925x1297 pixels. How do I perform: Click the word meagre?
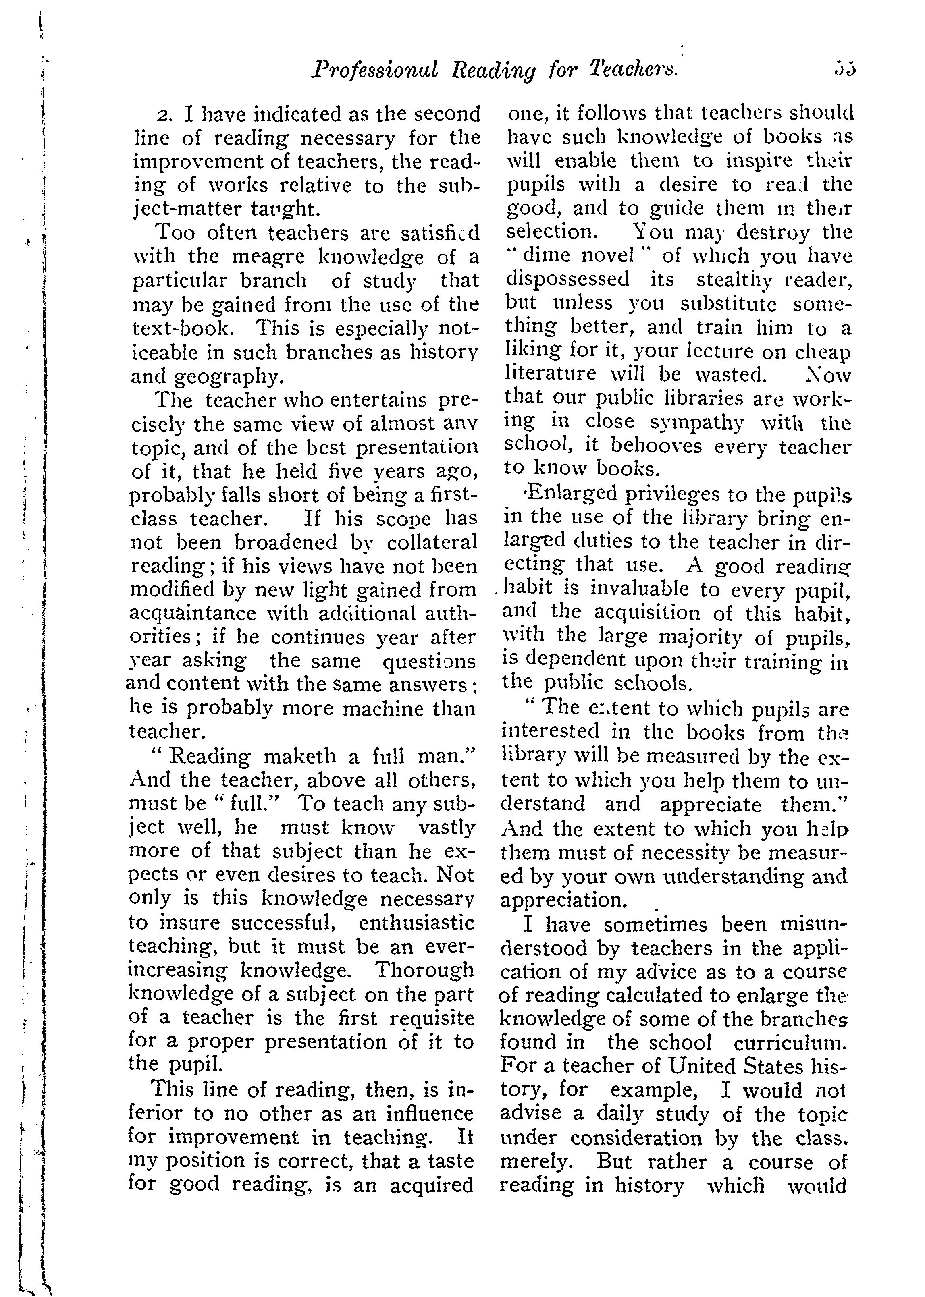coord(270,257)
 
